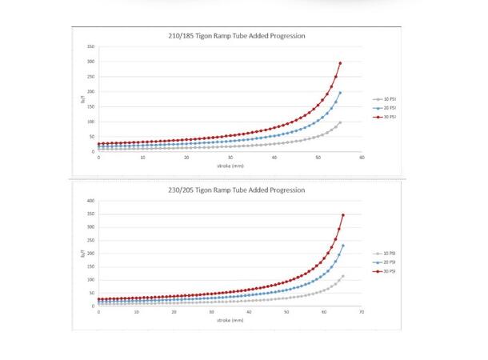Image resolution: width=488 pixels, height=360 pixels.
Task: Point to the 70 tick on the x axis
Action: (362, 312)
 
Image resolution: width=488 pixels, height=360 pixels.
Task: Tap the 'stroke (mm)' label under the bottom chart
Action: (230, 319)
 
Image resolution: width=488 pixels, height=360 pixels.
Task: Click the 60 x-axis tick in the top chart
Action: (362, 157)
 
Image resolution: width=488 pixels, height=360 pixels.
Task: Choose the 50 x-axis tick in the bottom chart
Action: (287, 312)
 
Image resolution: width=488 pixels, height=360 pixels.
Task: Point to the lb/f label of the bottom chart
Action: (81, 254)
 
